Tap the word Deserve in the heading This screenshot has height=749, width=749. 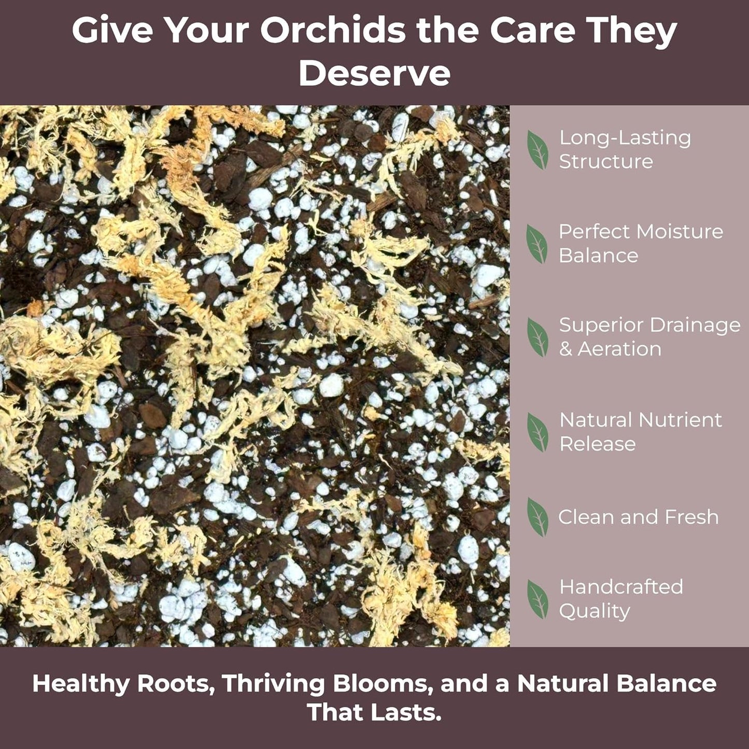374,74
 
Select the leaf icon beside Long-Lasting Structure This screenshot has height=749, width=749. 538,150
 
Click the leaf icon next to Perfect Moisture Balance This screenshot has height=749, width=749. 537,244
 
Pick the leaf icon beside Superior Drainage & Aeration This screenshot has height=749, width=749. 538,337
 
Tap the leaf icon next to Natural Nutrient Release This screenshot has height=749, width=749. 538,432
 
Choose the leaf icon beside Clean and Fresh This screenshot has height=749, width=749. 538,517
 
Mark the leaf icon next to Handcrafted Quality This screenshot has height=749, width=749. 538,599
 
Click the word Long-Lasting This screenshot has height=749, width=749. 625,138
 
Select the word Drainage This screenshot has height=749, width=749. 695,326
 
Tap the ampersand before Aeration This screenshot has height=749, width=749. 566,349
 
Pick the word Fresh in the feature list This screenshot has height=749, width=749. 691,517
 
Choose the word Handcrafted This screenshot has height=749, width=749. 621,587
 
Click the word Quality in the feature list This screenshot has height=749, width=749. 595,611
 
